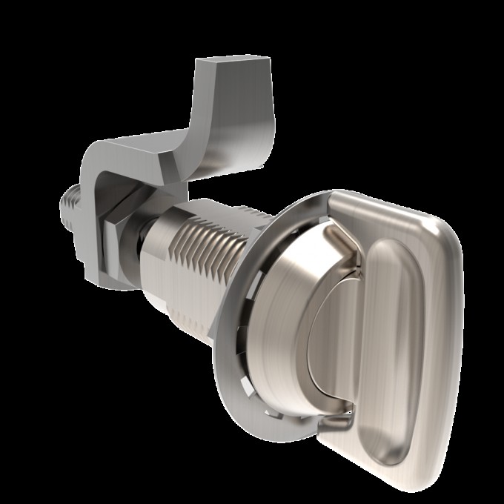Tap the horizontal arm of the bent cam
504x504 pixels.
coord(148,152)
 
